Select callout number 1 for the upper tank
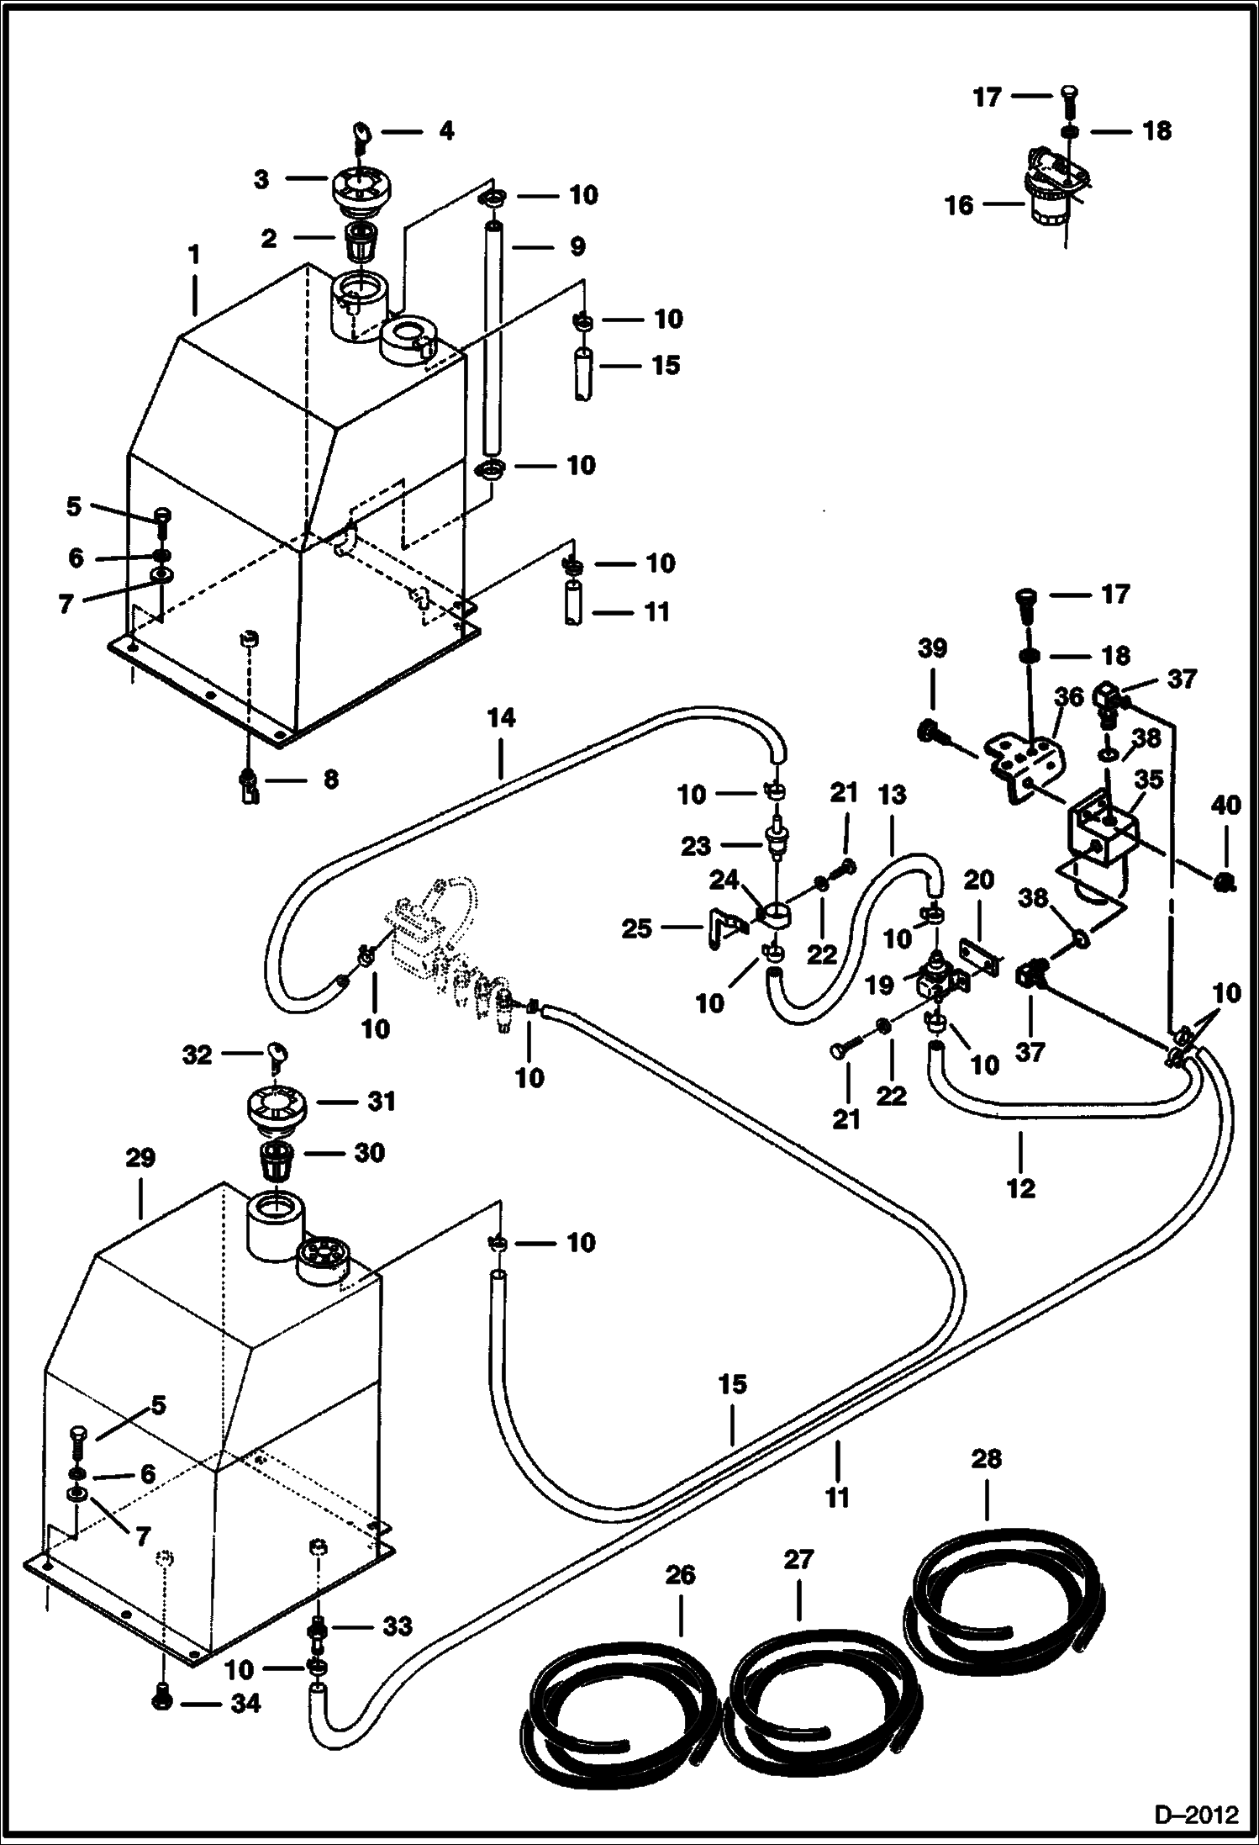coord(194,254)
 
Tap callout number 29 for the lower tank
coord(140,1158)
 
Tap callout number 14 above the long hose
coord(501,718)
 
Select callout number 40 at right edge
coord(1225,806)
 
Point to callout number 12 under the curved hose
coord(1021,1188)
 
